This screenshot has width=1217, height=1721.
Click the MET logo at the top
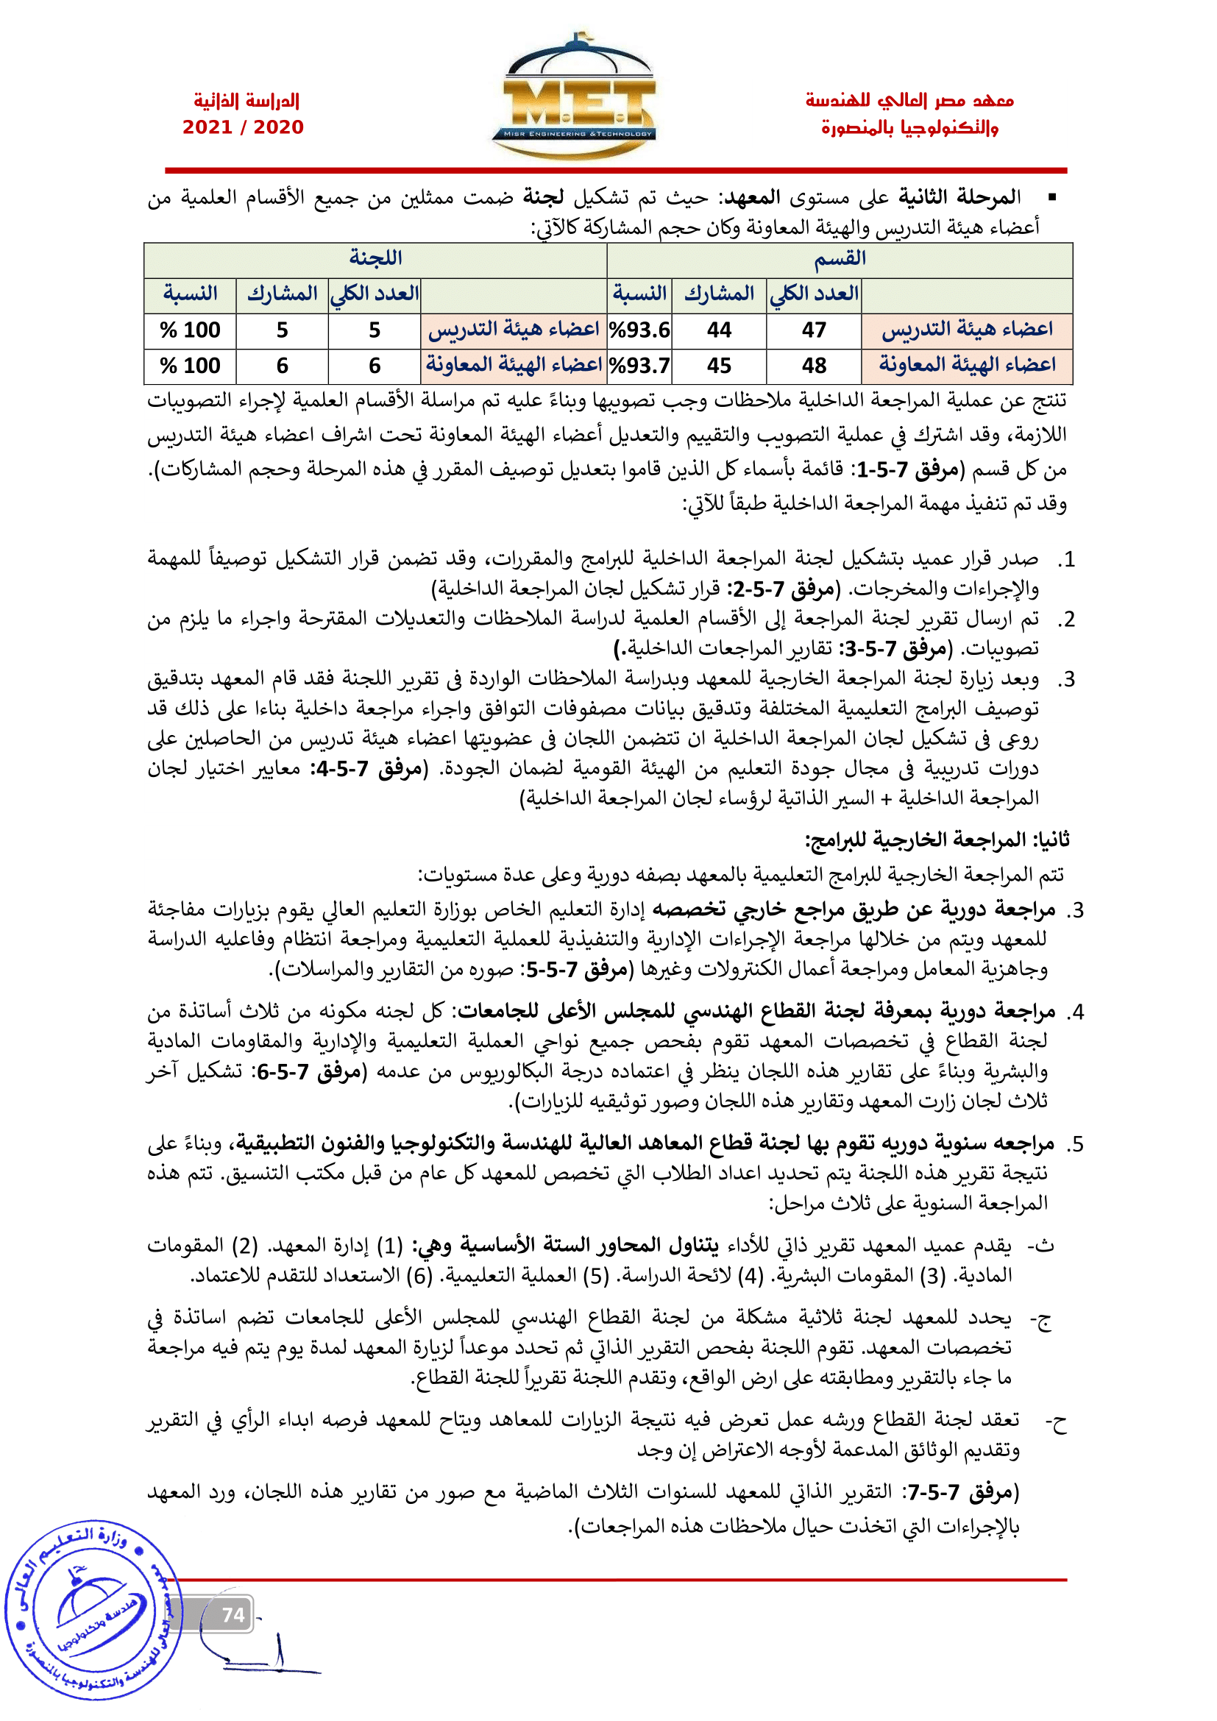click(x=573, y=97)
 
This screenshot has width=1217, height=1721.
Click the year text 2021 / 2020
click(x=243, y=127)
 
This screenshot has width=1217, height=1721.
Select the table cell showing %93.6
click(x=639, y=330)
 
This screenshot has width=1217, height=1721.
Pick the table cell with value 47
click(x=814, y=330)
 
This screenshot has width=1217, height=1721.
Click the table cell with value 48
click(x=814, y=366)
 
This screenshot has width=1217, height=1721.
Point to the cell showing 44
click(x=719, y=330)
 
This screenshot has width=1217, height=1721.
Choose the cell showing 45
click(x=719, y=366)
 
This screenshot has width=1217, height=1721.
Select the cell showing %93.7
click(x=639, y=366)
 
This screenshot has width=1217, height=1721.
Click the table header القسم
click(x=840, y=259)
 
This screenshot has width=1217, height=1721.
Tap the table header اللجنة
click(x=375, y=259)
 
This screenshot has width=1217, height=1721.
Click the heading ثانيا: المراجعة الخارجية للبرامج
click(x=937, y=840)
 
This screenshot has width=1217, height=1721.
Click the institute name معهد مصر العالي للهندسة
click(x=909, y=101)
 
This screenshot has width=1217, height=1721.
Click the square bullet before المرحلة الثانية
click(x=1052, y=198)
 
